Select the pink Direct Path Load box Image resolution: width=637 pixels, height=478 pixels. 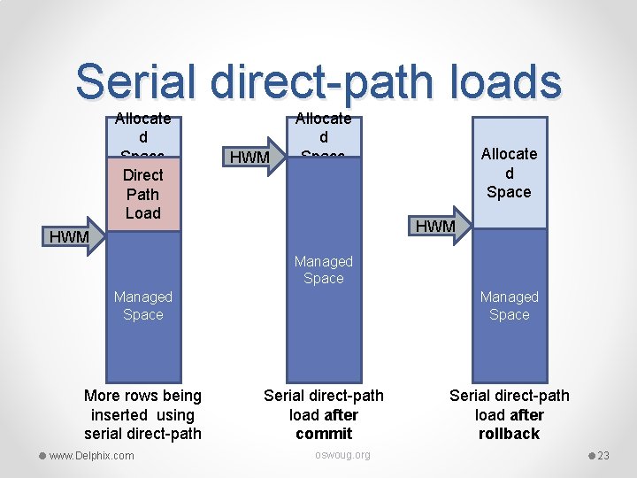143,194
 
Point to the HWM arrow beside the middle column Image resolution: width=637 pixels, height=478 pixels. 254,157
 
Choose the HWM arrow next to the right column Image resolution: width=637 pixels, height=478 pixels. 440,226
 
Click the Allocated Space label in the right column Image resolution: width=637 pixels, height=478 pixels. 509,173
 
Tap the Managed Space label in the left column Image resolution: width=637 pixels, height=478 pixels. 143,305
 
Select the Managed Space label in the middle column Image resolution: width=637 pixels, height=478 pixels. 323,270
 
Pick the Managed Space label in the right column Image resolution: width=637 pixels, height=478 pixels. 509,305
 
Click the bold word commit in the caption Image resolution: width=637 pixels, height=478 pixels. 324,434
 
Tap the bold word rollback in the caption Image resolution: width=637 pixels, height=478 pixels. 509,434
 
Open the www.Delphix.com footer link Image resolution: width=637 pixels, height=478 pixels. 92,456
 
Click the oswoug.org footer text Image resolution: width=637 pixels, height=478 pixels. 343,455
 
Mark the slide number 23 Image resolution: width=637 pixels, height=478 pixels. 603,456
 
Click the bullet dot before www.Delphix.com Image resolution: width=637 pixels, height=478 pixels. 42,456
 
